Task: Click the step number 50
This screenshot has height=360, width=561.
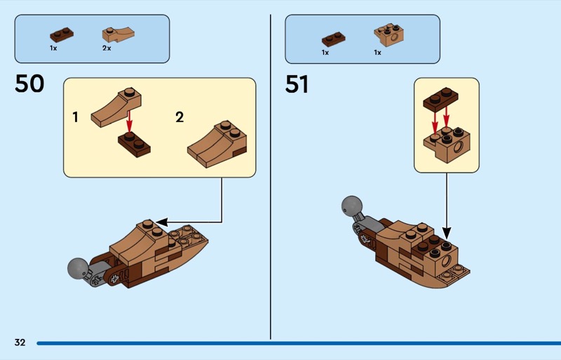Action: click(x=29, y=84)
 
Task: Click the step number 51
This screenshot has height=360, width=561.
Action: click(x=297, y=84)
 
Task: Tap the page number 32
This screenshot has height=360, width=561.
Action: click(x=20, y=342)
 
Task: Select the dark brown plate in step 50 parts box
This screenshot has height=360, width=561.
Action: click(x=60, y=34)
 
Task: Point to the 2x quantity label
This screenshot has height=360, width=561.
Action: click(x=107, y=48)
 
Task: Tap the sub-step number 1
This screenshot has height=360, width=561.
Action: click(x=76, y=117)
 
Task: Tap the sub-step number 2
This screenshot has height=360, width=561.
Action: click(x=180, y=117)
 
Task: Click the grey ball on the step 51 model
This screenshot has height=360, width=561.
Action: click(x=351, y=206)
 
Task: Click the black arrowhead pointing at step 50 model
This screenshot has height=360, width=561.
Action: click(x=161, y=221)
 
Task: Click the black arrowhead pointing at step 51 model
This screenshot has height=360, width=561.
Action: click(x=446, y=234)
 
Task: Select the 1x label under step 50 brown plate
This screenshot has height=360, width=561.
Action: click(x=53, y=48)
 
